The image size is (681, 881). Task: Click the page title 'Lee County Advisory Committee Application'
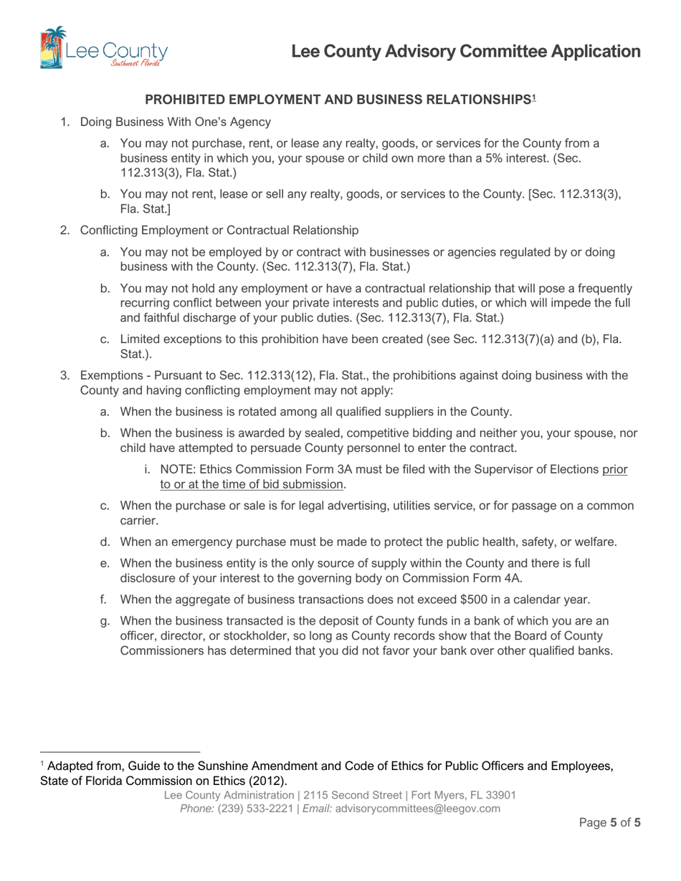pos(466,52)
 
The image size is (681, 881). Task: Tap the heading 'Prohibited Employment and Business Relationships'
pos(337,100)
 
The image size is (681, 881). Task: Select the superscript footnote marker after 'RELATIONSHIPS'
pos(533,97)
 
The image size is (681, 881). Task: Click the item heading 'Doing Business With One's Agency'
pos(176,122)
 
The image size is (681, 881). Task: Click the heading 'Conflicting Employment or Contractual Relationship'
pos(219,230)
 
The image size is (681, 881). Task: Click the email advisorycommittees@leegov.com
pos(418,808)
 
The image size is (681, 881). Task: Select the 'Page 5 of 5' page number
pos(609,823)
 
